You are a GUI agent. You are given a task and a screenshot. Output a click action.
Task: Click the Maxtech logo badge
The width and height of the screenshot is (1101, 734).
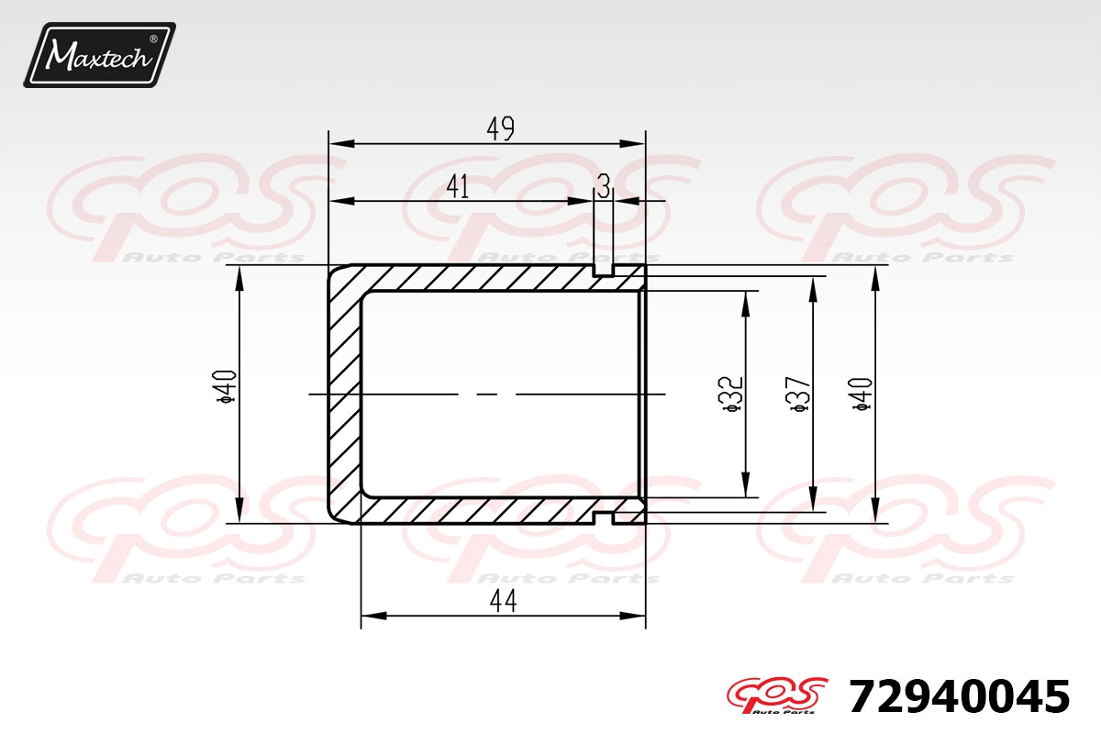(x=100, y=55)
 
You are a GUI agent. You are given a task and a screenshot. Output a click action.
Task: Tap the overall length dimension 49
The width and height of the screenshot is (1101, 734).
(x=500, y=128)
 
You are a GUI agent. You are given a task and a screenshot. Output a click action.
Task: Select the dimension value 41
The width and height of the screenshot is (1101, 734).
(x=458, y=186)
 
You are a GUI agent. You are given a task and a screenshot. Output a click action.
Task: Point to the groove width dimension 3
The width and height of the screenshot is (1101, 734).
(x=604, y=186)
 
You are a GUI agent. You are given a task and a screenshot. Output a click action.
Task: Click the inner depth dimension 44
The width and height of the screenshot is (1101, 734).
(x=504, y=600)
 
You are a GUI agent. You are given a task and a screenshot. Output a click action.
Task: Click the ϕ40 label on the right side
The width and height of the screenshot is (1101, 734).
(x=861, y=394)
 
